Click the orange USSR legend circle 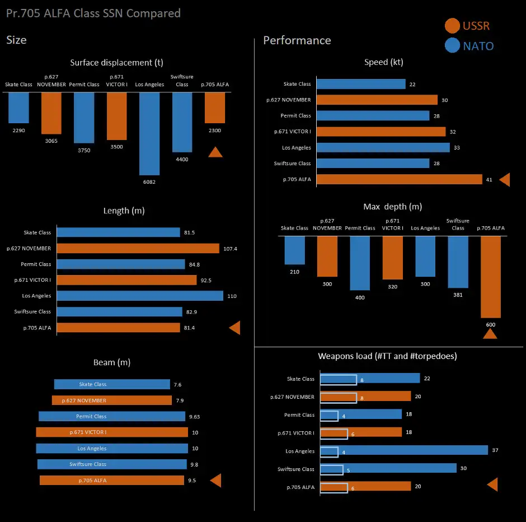pyautogui.click(x=452, y=26)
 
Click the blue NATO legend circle pyautogui.click(x=452, y=46)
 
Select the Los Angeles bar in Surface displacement pyautogui.click(x=149, y=133)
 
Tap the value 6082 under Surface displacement pyautogui.click(x=149, y=181)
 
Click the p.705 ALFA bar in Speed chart pyautogui.click(x=400, y=179)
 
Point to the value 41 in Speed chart pyautogui.click(x=489, y=180)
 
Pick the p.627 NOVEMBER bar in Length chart pyautogui.click(x=138, y=248)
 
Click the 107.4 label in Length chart pyautogui.click(x=230, y=249)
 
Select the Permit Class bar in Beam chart pyautogui.click(x=112, y=416)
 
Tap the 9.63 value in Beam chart pyautogui.click(x=195, y=417)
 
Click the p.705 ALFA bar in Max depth pyautogui.click(x=490, y=277)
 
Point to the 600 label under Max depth pyautogui.click(x=490, y=325)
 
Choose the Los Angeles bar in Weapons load pyautogui.click(x=404, y=451)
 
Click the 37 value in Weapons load pyautogui.click(x=495, y=451)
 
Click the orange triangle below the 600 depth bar pyautogui.click(x=490, y=334)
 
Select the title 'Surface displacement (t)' pyautogui.click(x=117, y=63)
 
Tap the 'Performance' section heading pyautogui.click(x=297, y=40)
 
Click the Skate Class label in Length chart pyautogui.click(x=37, y=232)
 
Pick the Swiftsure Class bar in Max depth pyautogui.click(x=458, y=262)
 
